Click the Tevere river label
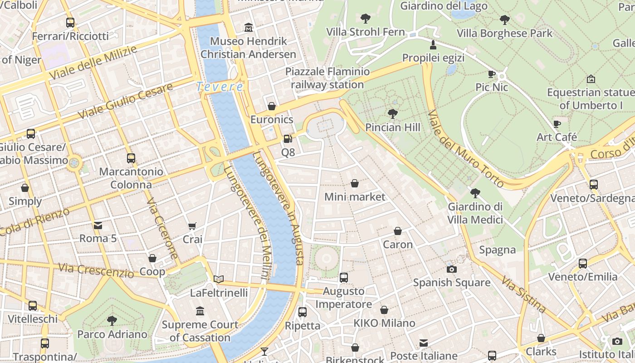(x=220, y=86)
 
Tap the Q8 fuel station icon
(x=288, y=139)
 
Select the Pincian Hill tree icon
(x=393, y=114)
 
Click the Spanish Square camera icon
(x=451, y=269)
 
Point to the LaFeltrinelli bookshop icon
(x=219, y=279)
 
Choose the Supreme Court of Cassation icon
(x=200, y=311)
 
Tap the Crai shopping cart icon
(x=192, y=226)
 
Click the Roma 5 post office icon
(x=98, y=225)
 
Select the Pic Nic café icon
(x=492, y=74)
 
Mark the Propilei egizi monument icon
(x=433, y=45)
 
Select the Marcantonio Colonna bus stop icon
(x=131, y=158)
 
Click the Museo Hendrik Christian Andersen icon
(x=248, y=28)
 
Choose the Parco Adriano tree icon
(x=112, y=321)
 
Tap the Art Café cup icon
(x=557, y=124)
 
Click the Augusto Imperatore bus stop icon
(x=344, y=278)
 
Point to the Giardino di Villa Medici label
(x=475, y=213)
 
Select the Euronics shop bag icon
(x=271, y=107)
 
